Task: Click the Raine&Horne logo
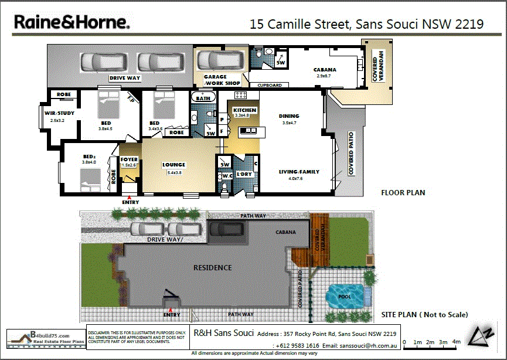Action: pyautogui.click(x=72, y=22)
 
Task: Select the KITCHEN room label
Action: pyautogui.click(x=244, y=110)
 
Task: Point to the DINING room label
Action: pyautogui.click(x=289, y=116)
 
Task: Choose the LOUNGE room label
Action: pyautogui.click(x=174, y=165)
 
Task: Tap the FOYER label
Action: pyautogui.click(x=128, y=159)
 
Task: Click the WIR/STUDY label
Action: pyautogui.click(x=56, y=114)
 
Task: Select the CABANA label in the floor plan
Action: pyautogui.click(x=324, y=70)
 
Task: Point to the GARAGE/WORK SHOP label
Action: pyautogui.click(x=222, y=80)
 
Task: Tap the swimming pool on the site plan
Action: pyautogui.click(x=344, y=295)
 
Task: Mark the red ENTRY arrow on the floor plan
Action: pyautogui.click(x=130, y=197)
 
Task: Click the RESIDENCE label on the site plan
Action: pyautogui.click(x=212, y=267)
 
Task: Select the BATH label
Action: pyautogui.click(x=203, y=99)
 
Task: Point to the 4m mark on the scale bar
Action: pyautogui.click(x=457, y=342)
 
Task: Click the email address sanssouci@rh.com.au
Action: pyautogui.click(x=368, y=346)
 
